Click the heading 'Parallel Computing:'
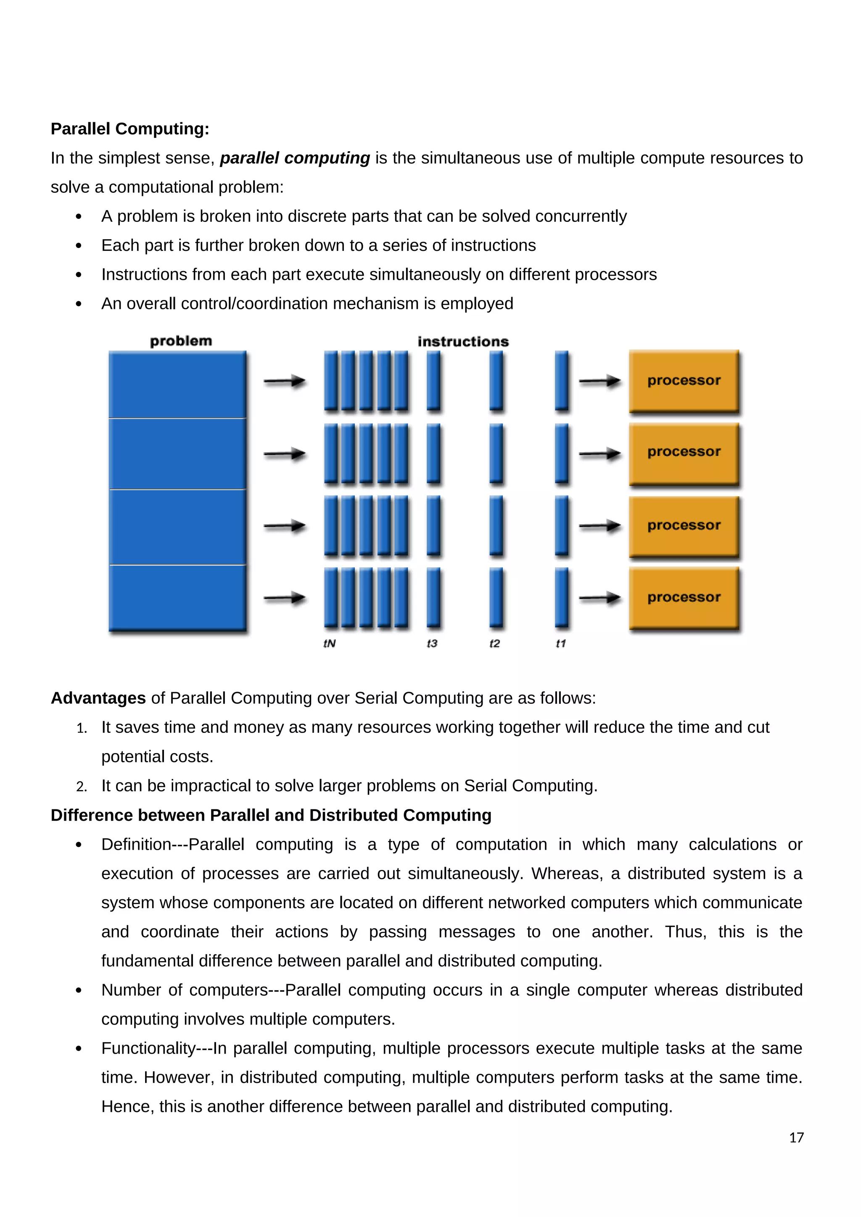tap(130, 129)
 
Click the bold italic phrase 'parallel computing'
tap(295, 158)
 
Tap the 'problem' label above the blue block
tap(181, 341)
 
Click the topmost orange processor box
tap(684, 381)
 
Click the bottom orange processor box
tap(684, 598)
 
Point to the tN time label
tap(329, 643)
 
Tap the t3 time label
tap(432, 643)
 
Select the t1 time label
tap(560, 643)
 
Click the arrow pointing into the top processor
tap(600, 381)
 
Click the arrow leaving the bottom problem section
tap(285, 598)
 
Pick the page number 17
tap(796, 1138)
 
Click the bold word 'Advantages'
tap(98, 698)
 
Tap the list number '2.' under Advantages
tap(81, 787)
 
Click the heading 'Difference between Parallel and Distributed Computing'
tap(271, 815)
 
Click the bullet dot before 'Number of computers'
tap(79, 990)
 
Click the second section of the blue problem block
tap(177, 454)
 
